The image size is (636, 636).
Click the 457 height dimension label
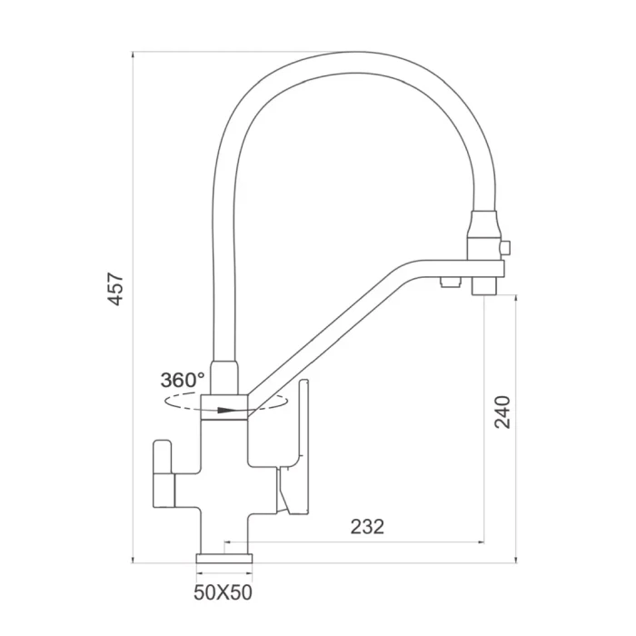click(116, 289)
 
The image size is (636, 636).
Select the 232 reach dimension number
click(367, 527)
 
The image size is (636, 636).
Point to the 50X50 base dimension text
click(223, 592)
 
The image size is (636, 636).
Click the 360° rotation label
click(183, 380)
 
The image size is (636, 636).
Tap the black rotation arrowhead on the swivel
click(225, 411)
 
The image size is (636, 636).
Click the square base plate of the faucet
click(224, 559)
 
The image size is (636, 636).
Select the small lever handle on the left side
click(163, 473)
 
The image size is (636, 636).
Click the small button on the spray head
click(505, 248)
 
